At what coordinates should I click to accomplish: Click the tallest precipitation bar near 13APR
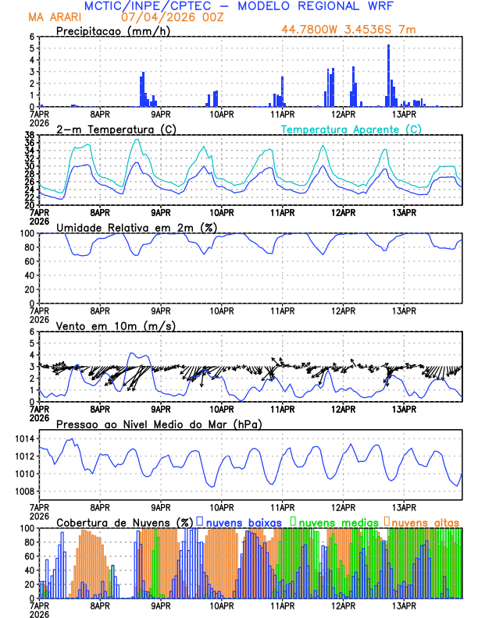point(388,76)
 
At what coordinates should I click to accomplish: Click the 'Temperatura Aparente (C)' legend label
point(351,129)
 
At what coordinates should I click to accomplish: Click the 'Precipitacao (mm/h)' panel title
point(110,31)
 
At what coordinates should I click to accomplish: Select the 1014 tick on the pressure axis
point(23,439)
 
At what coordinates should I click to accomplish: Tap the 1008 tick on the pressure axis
point(23,491)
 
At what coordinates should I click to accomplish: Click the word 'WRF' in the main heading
point(376,6)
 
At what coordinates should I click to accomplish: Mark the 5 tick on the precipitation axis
point(32,48)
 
